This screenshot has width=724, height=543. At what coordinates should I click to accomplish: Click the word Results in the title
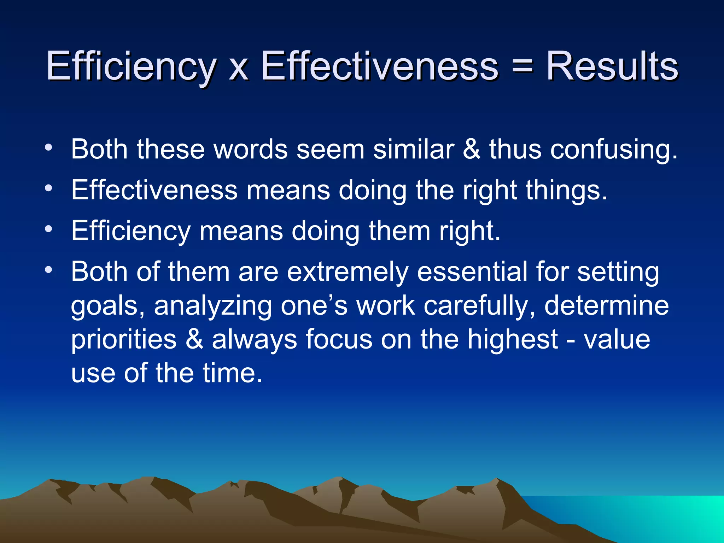point(612,66)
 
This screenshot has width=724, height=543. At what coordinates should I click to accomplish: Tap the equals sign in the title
point(522,66)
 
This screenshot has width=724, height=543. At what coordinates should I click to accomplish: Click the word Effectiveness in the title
point(379,66)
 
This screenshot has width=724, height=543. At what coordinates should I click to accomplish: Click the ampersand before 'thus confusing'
point(472,149)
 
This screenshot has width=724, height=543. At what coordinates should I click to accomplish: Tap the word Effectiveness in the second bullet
point(154,190)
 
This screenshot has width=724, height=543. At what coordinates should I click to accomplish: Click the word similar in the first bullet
point(414,149)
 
